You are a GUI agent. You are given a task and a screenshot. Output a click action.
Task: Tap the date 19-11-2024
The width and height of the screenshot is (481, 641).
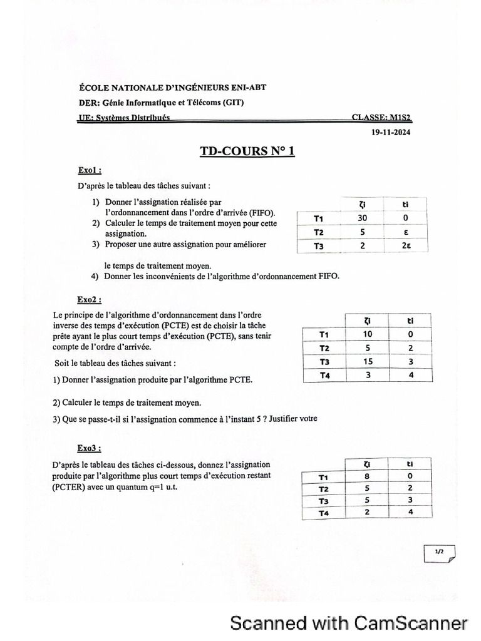pyautogui.click(x=391, y=132)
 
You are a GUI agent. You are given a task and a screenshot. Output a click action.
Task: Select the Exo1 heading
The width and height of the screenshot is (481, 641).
pyautogui.click(x=90, y=170)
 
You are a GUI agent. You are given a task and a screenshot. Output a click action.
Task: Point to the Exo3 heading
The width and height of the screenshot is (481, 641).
pyautogui.click(x=90, y=448)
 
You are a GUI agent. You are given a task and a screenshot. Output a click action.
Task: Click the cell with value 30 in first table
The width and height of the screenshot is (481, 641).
pyautogui.click(x=362, y=218)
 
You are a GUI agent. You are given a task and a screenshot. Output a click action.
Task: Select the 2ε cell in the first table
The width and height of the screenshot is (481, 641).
pyautogui.click(x=405, y=246)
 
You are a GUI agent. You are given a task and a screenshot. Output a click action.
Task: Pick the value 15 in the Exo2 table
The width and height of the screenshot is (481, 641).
pyautogui.click(x=368, y=361)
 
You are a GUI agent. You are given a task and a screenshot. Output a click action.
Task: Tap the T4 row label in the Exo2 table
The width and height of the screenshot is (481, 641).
pyautogui.click(x=324, y=375)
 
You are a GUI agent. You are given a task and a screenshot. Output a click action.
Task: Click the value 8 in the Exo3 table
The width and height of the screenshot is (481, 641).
pyautogui.click(x=367, y=476)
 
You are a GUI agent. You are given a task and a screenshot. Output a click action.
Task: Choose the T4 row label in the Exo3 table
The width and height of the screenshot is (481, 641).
pyautogui.click(x=323, y=513)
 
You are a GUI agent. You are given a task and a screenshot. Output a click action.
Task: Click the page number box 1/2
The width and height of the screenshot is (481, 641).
pyautogui.click(x=440, y=551)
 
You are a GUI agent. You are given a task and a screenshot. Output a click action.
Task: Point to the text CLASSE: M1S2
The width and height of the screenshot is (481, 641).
pyautogui.click(x=381, y=116)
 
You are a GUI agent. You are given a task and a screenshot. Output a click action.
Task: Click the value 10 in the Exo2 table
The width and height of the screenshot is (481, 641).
pyautogui.click(x=368, y=334)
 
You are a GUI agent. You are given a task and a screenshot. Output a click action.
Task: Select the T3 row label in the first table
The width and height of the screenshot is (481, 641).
pyautogui.click(x=319, y=247)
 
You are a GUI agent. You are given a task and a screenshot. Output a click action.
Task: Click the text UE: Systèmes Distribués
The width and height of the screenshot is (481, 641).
pyautogui.click(x=123, y=117)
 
